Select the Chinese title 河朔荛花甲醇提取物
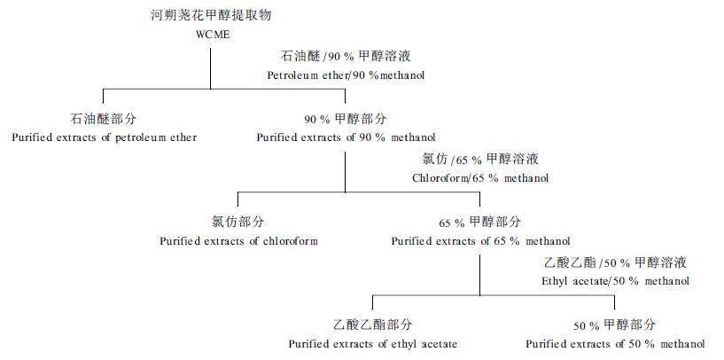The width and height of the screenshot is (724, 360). (210, 16)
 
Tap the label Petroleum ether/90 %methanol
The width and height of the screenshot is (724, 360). (346, 75)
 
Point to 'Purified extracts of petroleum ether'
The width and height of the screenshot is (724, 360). (104, 137)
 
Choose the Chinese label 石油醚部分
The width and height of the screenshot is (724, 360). (104, 119)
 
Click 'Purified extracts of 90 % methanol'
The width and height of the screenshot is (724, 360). (346, 137)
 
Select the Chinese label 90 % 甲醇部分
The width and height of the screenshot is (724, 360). (346, 119)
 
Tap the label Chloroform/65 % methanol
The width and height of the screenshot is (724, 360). (480, 178)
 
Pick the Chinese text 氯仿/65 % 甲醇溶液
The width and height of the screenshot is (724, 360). (480, 160)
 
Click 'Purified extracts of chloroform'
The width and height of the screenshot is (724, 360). (238, 240)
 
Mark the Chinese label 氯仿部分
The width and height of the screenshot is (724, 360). (238, 222)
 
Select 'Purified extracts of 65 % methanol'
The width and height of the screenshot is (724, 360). (480, 240)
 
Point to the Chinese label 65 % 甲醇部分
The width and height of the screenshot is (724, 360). (480, 222)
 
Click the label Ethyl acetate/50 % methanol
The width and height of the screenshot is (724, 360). (615, 281)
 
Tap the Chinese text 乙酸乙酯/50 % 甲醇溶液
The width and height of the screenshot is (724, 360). (615, 263)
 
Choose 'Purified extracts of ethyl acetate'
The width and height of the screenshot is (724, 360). (373, 343)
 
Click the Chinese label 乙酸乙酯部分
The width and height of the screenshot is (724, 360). (373, 325)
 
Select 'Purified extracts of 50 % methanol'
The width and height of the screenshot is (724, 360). (615, 343)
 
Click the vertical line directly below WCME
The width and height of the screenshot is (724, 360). (211, 67)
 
